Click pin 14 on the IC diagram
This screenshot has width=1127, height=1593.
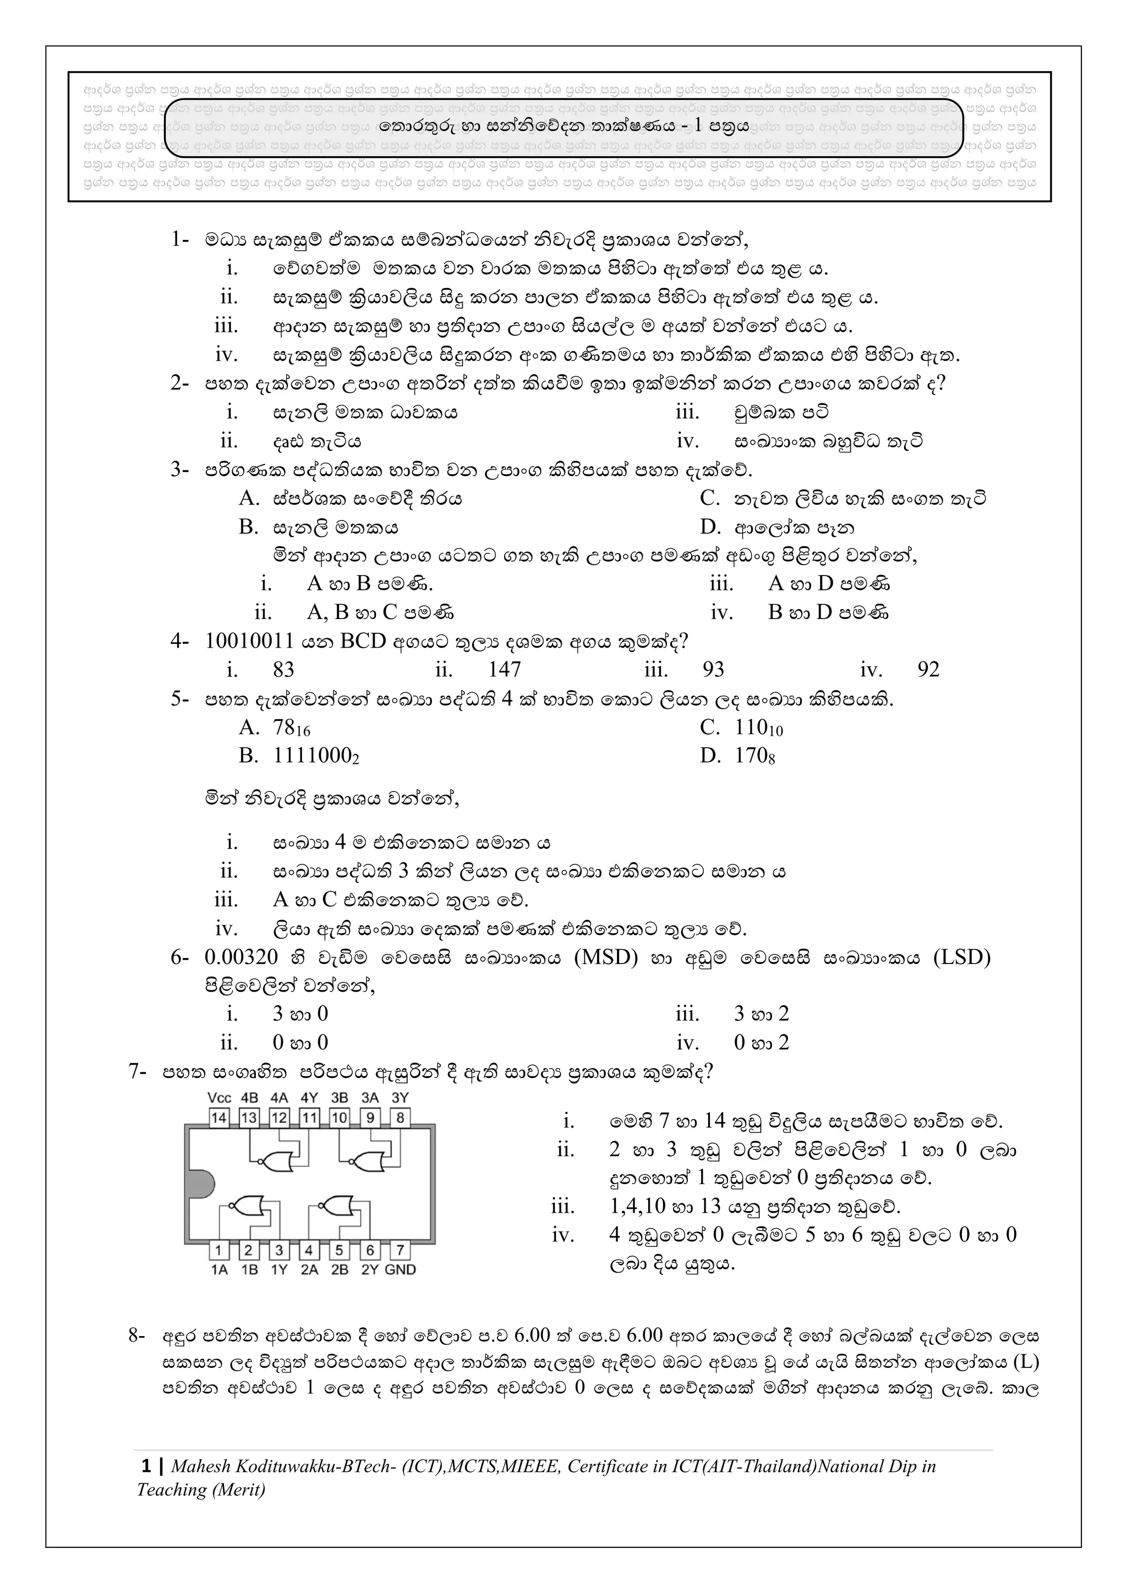[218, 1118]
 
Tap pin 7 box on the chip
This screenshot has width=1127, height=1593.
[400, 1250]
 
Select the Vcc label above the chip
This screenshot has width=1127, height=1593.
[220, 1098]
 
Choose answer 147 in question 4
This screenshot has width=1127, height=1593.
[504, 670]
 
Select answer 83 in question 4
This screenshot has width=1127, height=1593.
[283, 670]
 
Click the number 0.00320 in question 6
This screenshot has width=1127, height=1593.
[241, 957]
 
